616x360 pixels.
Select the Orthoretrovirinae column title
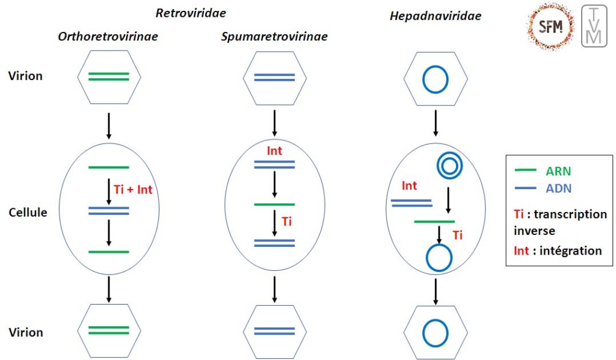108,37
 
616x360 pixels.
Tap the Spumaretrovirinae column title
274,37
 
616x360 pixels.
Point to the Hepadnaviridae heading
435,16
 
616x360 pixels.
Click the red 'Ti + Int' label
133,190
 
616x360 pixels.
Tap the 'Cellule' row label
28,213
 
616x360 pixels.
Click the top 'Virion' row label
25,76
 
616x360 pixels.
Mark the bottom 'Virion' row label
25,332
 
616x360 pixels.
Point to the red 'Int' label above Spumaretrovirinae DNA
274,151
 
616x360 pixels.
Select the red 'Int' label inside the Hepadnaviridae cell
409,186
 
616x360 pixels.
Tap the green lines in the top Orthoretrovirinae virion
109,76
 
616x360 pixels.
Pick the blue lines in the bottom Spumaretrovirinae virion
274,331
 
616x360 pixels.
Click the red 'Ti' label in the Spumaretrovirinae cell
287,222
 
